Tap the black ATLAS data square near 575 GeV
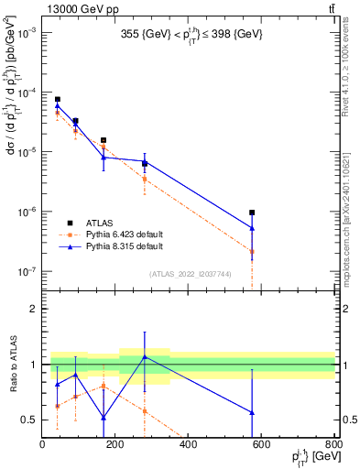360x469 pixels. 252,213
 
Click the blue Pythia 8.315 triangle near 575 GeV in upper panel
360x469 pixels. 252,228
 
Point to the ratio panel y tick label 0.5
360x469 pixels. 29,420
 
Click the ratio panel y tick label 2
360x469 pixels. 34,309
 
